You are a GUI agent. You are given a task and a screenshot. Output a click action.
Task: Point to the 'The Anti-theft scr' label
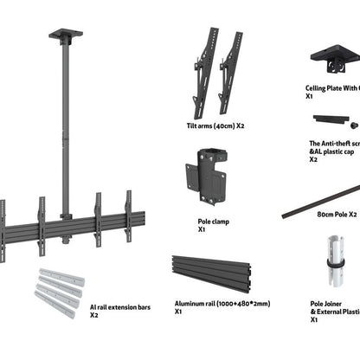334,149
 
